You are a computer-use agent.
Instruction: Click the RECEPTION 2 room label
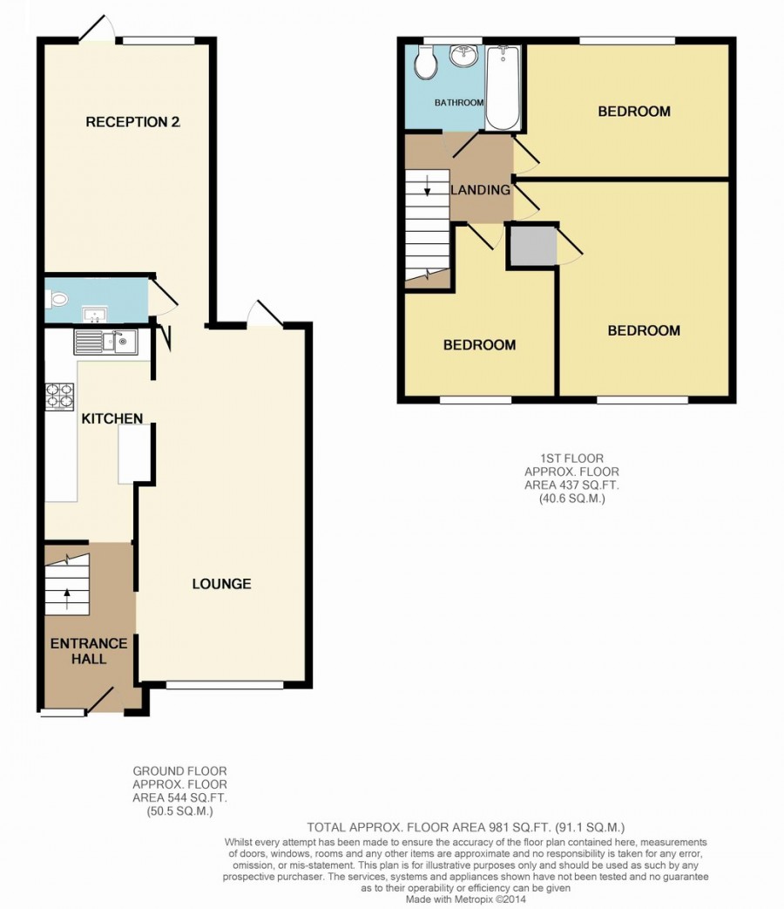click(x=132, y=122)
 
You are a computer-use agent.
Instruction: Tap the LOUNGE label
click(x=221, y=584)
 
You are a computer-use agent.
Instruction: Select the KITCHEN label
click(x=112, y=419)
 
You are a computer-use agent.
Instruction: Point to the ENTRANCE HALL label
click(x=88, y=651)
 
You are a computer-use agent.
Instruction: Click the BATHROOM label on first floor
click(x=459, y=103)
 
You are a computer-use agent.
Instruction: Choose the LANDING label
click(x=480, y=190)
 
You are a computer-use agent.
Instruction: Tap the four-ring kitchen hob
click(x=60, y=397)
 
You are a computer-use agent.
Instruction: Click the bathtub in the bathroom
click(x=503, y=87)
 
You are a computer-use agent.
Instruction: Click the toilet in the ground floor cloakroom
click(x=57, y=300)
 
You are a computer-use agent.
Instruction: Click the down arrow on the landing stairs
click(x=427, y=186)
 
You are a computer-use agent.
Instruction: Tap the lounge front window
click(x=224, y=686)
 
